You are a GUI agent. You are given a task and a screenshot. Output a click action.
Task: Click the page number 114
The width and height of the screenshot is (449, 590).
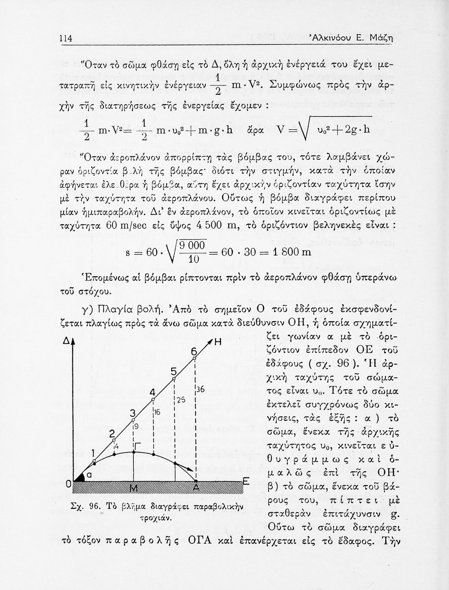point(65,38)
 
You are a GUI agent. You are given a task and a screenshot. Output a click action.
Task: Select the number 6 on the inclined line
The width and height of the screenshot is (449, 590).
point(194,352)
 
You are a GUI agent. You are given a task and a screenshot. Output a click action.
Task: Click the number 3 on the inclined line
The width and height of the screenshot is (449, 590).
point(133,413)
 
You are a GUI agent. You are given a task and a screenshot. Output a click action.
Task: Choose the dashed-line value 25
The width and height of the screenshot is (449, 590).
point(181,400)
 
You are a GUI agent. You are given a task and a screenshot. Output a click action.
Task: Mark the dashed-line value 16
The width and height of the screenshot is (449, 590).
point(157,412)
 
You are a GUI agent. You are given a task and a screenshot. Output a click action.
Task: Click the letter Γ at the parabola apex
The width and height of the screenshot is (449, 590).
point(137,445)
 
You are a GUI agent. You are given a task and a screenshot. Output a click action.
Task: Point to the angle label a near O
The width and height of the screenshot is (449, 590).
point(89,475)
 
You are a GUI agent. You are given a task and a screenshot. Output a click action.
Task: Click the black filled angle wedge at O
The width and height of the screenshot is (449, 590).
point(80,478)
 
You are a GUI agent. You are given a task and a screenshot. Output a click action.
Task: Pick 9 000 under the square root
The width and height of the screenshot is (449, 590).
point(192,246)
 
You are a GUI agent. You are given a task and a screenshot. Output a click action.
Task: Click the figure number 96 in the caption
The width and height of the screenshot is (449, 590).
point(96,506)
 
